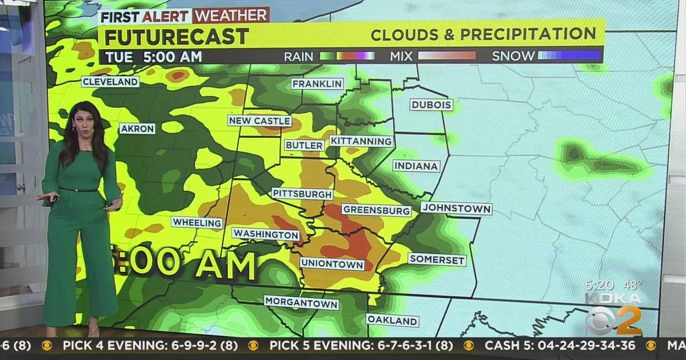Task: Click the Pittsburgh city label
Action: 302,194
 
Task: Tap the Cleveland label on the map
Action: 110,82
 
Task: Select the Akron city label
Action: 137,129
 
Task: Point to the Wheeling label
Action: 197,222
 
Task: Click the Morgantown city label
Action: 301,303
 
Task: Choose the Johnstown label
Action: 456,209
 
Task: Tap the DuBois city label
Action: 432,105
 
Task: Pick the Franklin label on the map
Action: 317,84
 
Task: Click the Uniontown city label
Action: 332,264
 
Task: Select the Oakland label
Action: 392,320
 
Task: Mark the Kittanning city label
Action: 361,141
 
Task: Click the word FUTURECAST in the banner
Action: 176,37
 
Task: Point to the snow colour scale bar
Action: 569,55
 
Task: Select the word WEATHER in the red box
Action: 231,15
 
